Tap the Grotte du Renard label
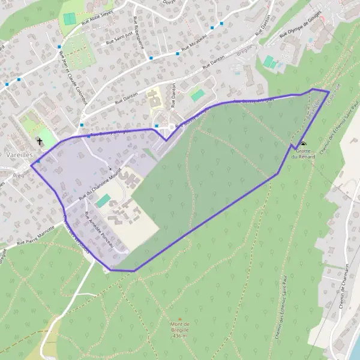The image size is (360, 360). pos(303,154)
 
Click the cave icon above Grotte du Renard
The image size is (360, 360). pos(303,144)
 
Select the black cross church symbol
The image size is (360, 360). pos(40,142)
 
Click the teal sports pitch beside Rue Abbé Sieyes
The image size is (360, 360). pos(70,19)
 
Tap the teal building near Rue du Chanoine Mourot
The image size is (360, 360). pos(103,200)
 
